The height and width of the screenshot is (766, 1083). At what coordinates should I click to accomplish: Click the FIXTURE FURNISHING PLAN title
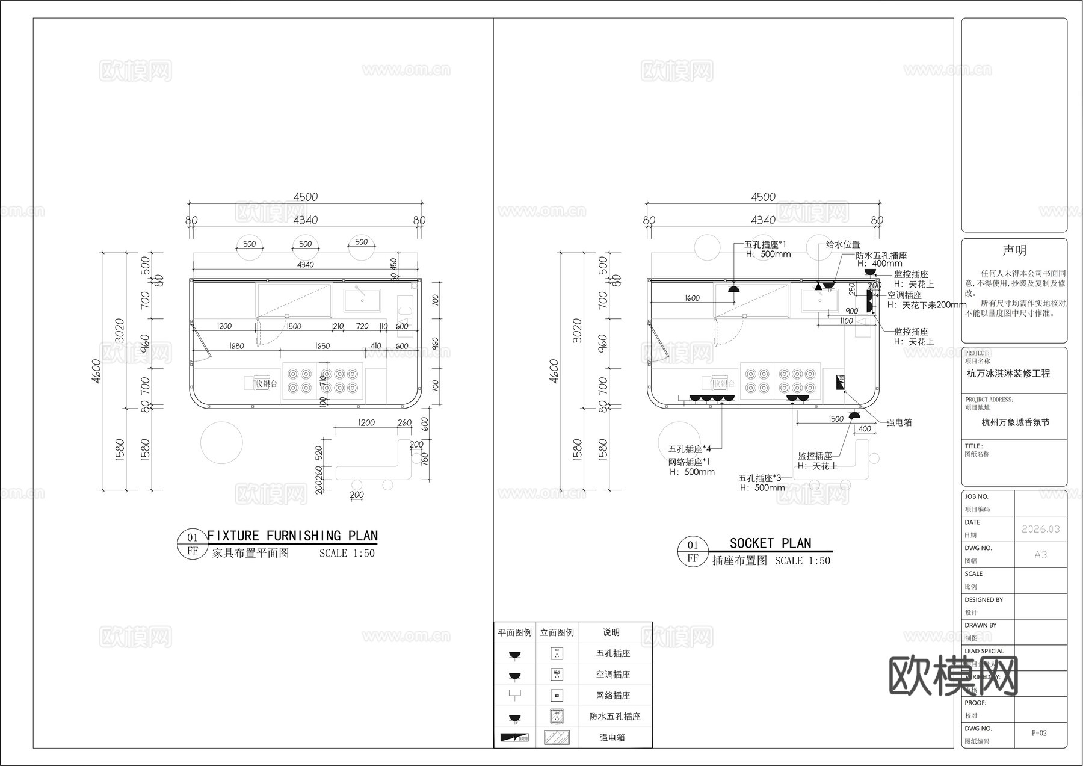pos(292,536)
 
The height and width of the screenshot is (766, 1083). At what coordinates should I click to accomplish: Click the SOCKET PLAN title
pos(770,543)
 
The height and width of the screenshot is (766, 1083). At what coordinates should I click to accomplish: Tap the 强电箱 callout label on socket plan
pos(899,422)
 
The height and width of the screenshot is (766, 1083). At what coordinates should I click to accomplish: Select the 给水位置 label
pos(842,244)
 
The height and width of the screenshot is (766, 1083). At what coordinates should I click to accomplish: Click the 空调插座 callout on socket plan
pos(904,295)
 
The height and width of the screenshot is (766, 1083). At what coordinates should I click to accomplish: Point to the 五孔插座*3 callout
pos(760,478)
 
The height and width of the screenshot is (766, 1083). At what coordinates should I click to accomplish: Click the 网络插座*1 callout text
pos(689,462)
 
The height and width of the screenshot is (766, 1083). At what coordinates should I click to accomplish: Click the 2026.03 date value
pos(1040,529)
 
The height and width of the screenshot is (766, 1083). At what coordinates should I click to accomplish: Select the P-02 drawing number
pos(1039,733)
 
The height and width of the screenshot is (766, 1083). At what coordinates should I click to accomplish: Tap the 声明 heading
pos(1014,250)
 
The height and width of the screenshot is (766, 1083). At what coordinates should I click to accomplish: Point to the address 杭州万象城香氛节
pos(1015,422)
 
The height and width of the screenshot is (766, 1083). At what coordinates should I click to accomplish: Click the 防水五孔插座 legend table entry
pos(614,716)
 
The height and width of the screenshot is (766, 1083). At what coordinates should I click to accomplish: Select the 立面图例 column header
pos(557,632)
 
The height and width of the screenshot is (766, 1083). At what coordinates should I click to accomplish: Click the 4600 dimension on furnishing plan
pos(97,371)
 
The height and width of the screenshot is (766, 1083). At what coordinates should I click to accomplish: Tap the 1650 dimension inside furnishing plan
pos(322,346)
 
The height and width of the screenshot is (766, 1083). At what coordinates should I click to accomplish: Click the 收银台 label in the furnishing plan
pos(266,383)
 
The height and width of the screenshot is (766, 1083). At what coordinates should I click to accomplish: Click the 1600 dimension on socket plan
pos(692,298)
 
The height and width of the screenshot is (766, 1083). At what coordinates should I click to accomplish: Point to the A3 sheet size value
pos(1040,554)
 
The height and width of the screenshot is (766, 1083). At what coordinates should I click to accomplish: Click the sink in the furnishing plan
pos(362,300)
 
